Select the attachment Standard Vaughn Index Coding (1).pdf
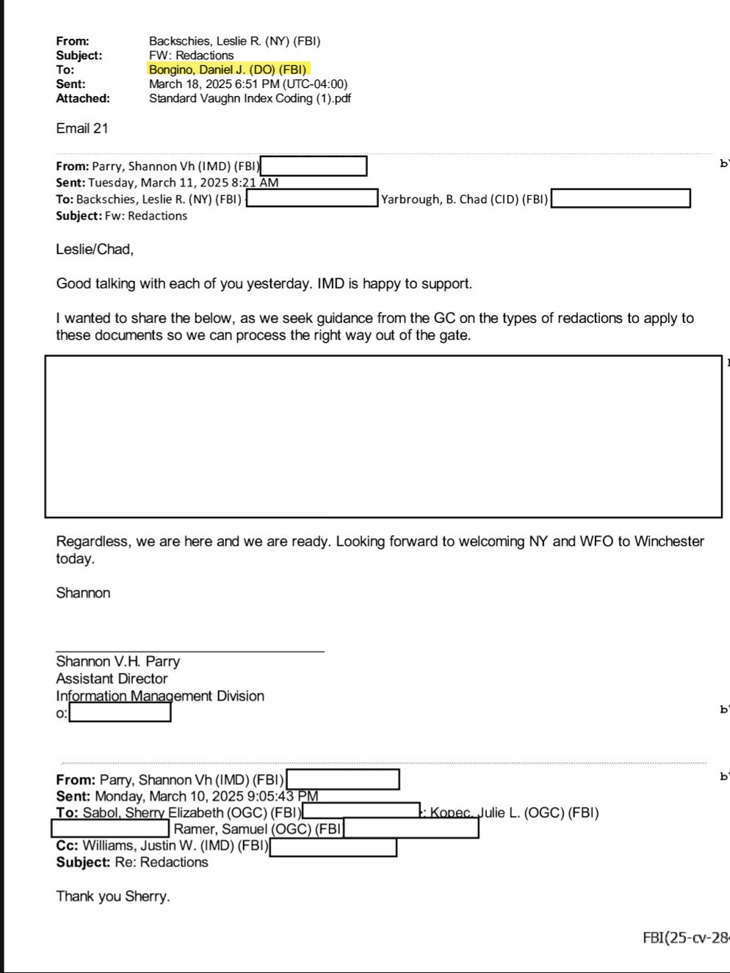point(250,98)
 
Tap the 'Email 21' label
point(82,128)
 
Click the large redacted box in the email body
point(383,437)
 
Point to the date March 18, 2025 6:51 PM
point(248,84)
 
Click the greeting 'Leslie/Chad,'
point(95,249)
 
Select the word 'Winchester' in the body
point(669,542)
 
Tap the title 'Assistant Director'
point(112,679)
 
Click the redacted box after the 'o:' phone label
point(120,713)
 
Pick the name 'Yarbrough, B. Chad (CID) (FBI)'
point(464,199)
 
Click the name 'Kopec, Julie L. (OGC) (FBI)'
point(514,812)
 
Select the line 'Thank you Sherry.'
point(113,896)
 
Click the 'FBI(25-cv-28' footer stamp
point(685,938)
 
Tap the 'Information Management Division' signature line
point(160,696)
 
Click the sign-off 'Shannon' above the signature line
point(83,593)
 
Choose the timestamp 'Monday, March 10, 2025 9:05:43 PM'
point(206,796)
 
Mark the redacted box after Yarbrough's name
point(621,199)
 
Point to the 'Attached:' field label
point(83,98)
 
